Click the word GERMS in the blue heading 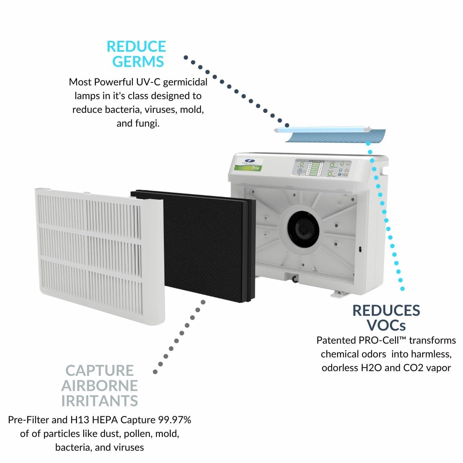coord(138,62)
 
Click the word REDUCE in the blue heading coord(136,47)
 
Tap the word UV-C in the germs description coord(148,82)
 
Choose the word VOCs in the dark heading coord(386,325)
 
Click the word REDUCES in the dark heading coord(386,310)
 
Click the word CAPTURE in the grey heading coord(99,371)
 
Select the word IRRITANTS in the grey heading coord(99,401)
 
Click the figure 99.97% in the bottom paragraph coord(175,420)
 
